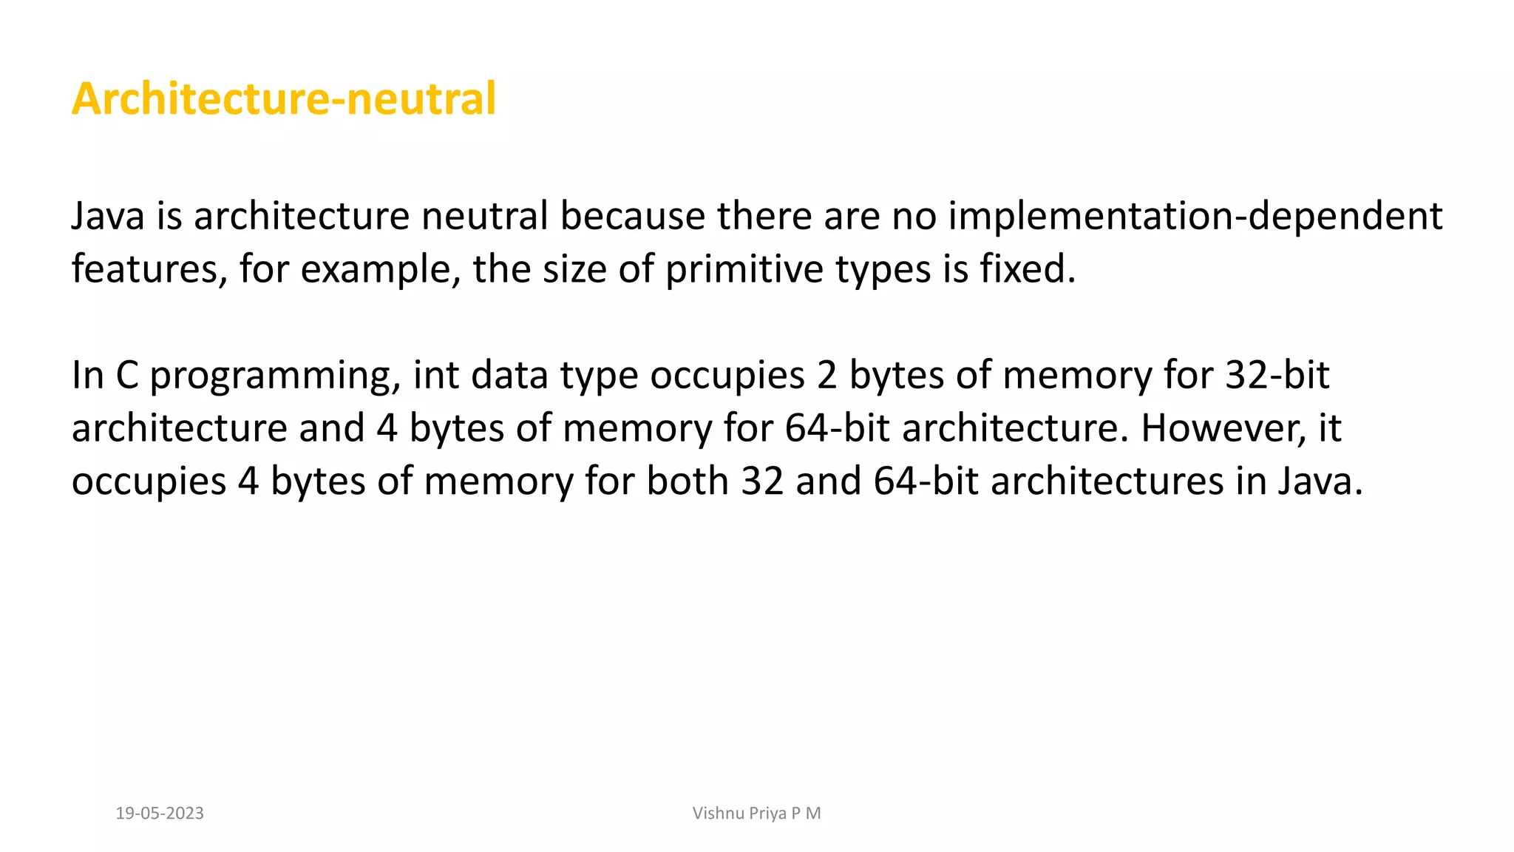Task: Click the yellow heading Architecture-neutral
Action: pyautogui.click(x=284, y=98)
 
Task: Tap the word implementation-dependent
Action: pyautogui.click(x=1195, y=216)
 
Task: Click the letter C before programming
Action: pyautogui.click(x=127, y=375)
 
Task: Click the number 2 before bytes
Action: pyautogui.click(x=826, y=375)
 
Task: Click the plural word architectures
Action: pyautogui.click(x=1107, y=481)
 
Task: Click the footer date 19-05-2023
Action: pyautogui.click(x=160, y=814)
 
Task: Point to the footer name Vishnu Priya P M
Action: pyautogui.click(x=756, y=814)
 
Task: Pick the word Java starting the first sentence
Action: pyautogui.click(x=107, y=216)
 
